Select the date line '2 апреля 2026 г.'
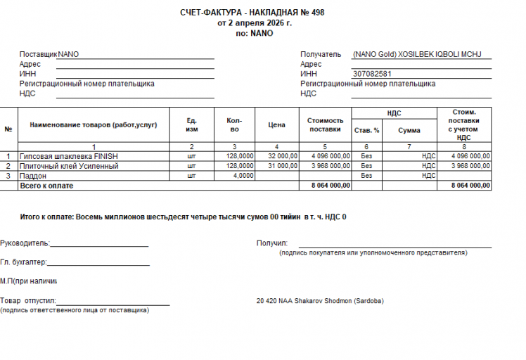coord(257,22)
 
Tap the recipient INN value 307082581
coord(372,74)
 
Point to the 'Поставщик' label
coord(38,54)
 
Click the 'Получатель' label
coord(321,54)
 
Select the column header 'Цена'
coord(277,125)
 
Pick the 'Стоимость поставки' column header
coord(325,124)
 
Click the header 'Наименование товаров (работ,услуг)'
coord(94,125)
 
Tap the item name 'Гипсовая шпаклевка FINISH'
coord(69,156)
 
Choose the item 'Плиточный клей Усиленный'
coord(70,166)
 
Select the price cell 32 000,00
coord(283,156)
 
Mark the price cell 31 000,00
coord(283,166)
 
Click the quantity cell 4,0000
coord(243,176)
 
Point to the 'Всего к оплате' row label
coord(46,186)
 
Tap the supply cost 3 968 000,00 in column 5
coord(330,166)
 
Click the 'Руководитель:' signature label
coord(25,243)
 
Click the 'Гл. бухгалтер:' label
coord(23,262)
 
